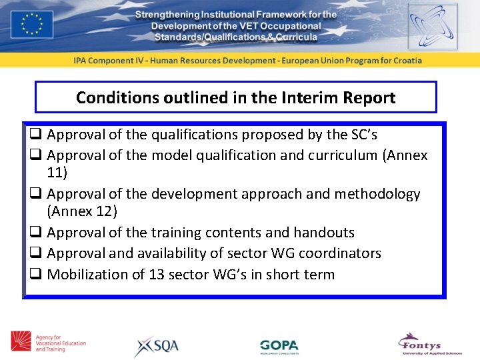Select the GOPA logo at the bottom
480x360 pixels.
pyautogui.click(x=279, y=346)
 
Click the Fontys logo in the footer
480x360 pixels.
pyautogui.click(x=428, y=344)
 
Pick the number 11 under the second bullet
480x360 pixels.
pyautogui.click(x=57, y=172)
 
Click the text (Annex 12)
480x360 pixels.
pyautogui.click(x=82, y=211)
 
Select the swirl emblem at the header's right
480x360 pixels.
pyautogui.click(x=433, y=25)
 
